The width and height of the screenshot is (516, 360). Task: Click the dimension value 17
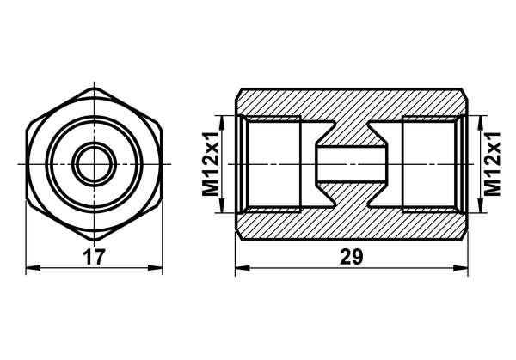coord(94,257)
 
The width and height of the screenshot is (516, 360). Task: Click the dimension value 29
coord(352,257)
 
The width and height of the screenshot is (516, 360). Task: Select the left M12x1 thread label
coord(211,164)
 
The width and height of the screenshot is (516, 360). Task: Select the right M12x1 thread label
coord(492,164)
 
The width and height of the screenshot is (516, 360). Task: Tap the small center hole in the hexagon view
coord(94,164)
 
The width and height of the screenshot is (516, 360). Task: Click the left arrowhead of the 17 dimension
coord(33,267)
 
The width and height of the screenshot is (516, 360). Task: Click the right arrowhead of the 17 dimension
coord(156,267)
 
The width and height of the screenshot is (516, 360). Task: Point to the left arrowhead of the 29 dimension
coord(243,267)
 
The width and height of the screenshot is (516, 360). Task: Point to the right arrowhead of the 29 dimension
coord(461,267)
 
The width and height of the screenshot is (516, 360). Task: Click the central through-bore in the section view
coord(352,164)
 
